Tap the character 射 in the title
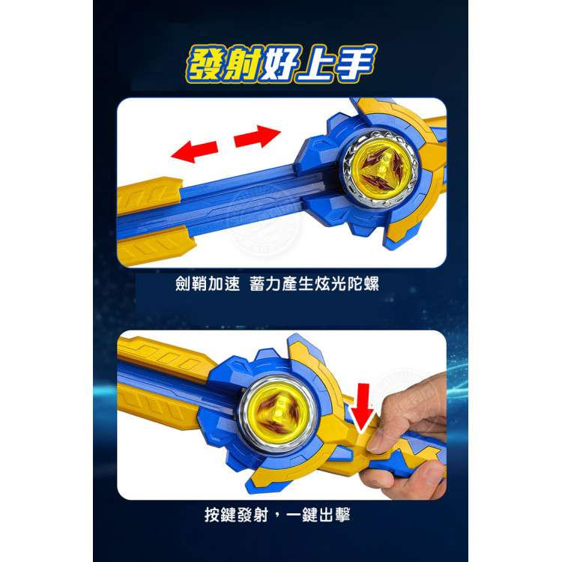(244, 64)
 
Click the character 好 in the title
(280, 64)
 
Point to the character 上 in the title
(315, 64)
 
